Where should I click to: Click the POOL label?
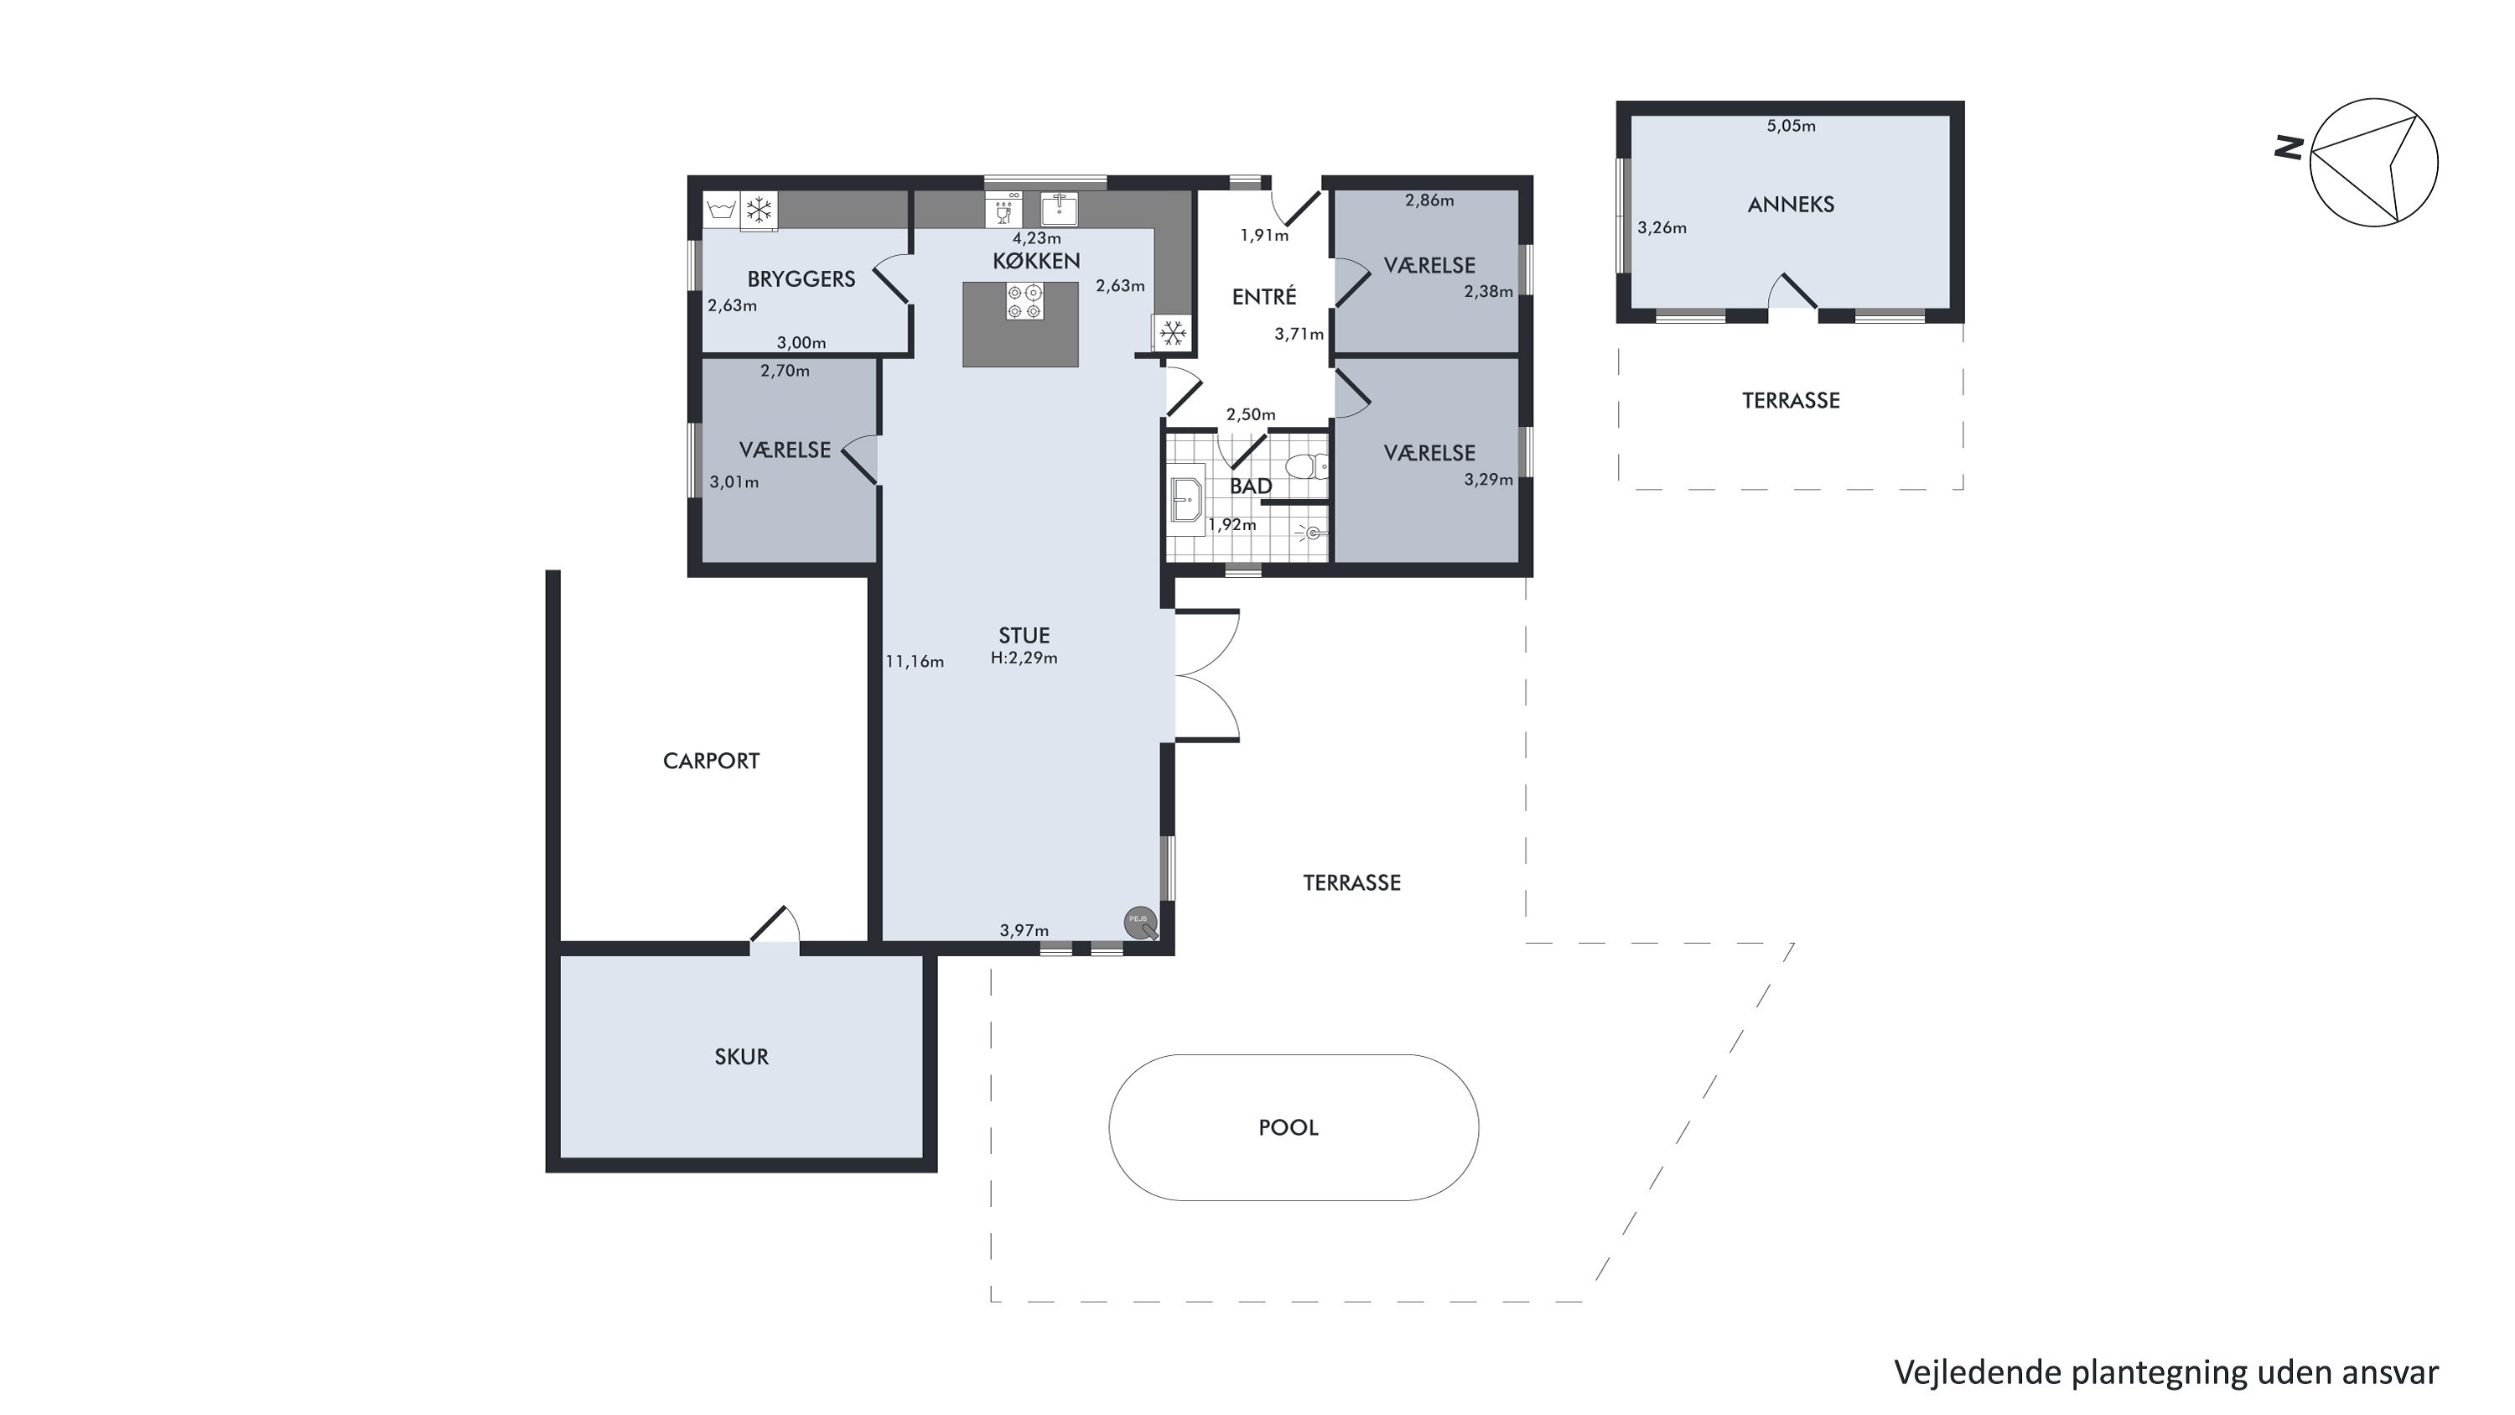[x=1288, y=1128]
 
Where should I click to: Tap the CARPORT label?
[x=711, y=761]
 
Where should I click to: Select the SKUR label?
[x=741, y=1057]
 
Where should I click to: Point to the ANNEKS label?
[x=1791, y=204]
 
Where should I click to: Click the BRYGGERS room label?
[x=801, y=279]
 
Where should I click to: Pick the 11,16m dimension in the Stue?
[x=914, y=662]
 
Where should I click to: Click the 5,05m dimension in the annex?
[x=1791, y=126]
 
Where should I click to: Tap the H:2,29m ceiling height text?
[x=1023, y=658]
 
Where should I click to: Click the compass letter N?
[x=2289, y=148]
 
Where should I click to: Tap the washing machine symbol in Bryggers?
[x=720, y=210]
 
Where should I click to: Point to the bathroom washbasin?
[x=1187, y=501]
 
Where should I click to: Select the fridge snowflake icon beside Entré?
[x=1173, y=332]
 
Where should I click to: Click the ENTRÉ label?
[x=1263, y=297]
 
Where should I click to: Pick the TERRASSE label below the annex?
[x=1791, y=400]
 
